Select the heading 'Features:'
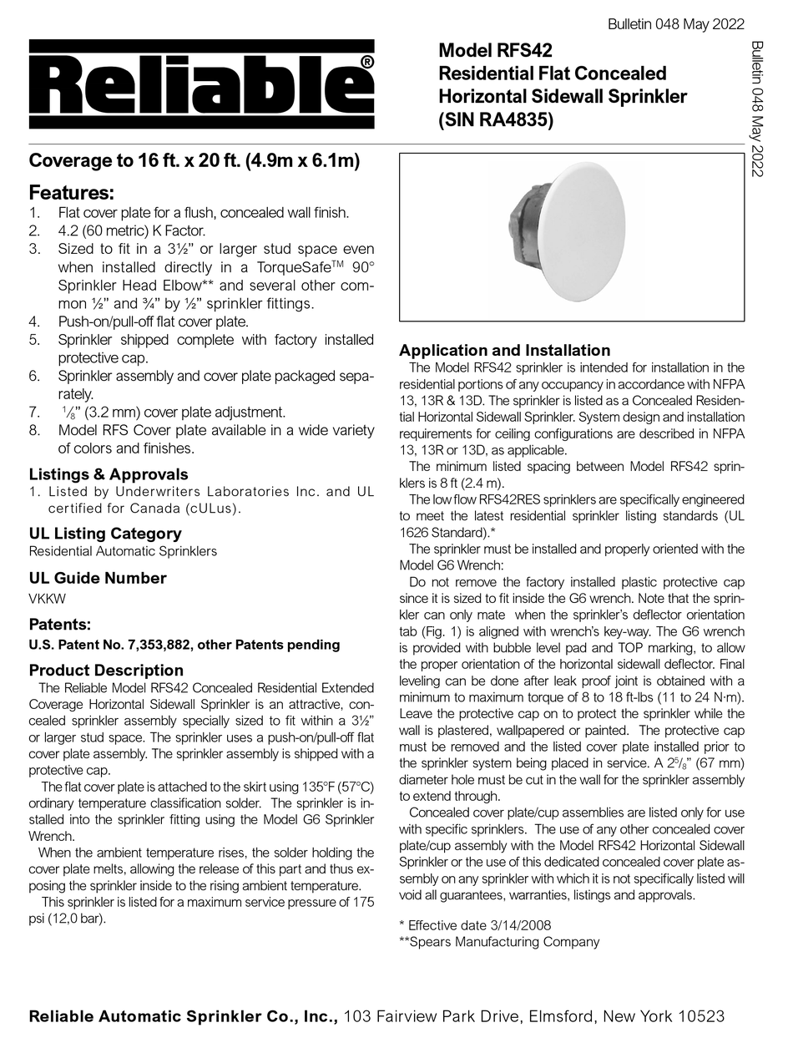point(72,193)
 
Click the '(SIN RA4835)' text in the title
point(497,119)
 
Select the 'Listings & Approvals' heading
point(109,474)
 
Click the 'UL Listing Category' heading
point(104,533)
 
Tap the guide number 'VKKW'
point(47,598)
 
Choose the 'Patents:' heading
point(60,624)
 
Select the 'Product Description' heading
point(106,671)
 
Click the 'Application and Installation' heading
point(505,351)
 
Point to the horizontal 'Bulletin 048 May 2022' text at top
point(677,25)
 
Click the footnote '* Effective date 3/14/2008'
point(475,925)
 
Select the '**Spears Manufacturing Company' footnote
point(499,942)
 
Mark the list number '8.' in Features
point(34,431)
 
